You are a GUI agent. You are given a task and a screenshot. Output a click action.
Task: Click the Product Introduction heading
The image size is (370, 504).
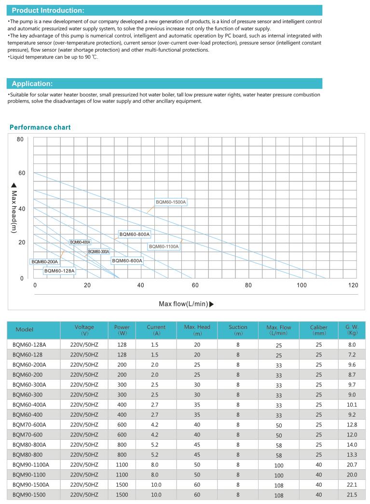48,10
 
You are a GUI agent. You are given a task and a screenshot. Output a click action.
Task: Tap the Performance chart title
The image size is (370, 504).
40,127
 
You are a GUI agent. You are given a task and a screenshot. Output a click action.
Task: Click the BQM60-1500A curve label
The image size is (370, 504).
170,202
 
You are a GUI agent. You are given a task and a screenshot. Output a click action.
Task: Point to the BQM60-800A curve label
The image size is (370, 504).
135,234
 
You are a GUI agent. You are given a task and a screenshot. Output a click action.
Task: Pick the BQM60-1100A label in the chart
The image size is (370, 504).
164,246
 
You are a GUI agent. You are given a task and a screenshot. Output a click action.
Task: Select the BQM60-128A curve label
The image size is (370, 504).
59,271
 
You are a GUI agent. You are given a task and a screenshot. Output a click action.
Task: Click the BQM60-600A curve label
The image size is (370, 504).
127,260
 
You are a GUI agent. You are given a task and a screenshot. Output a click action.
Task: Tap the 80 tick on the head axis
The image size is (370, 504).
20,139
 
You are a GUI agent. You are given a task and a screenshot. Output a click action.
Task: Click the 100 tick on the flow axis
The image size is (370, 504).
301,285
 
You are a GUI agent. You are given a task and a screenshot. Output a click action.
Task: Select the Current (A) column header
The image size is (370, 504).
156,330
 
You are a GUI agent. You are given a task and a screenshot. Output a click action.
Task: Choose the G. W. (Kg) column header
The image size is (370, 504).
352,330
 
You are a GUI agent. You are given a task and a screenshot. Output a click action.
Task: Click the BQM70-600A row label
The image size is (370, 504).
29,424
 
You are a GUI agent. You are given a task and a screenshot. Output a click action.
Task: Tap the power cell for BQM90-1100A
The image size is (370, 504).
122,463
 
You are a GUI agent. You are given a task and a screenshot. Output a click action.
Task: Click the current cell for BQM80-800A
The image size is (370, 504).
155,444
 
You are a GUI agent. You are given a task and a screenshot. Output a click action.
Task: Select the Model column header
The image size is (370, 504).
25,330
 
